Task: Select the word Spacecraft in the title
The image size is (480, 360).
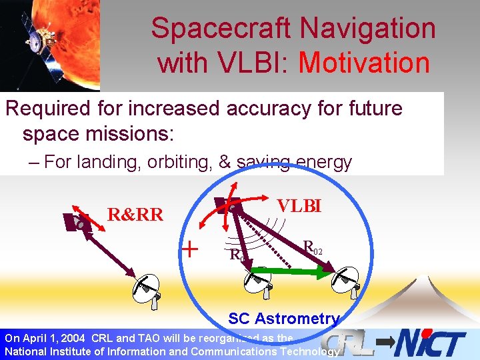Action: click(x=221, y=29)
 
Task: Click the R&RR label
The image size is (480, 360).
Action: click(x=135, y=215)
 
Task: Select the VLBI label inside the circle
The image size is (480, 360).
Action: click(x=299, y=206)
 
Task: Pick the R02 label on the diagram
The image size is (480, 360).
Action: click(x=313, y=248)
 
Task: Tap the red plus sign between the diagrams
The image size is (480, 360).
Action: click(x=191, y=250)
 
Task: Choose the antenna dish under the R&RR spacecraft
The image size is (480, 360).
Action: click(x=148, y=289)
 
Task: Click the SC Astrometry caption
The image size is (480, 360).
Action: click(x=284, y=319)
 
